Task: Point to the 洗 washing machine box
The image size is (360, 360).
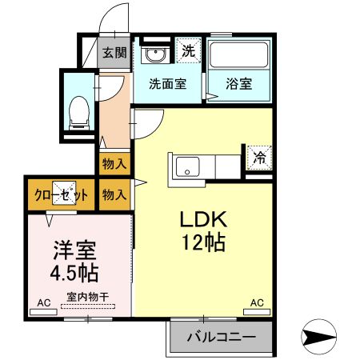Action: pos(189,50)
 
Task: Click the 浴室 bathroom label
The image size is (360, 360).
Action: pos(238,83)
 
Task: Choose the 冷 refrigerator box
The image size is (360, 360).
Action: pos(259,158)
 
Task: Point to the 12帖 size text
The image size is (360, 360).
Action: pos(203,242)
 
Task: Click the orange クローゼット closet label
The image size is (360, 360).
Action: pos(61,194)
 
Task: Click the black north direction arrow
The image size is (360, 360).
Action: pos(320,337)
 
